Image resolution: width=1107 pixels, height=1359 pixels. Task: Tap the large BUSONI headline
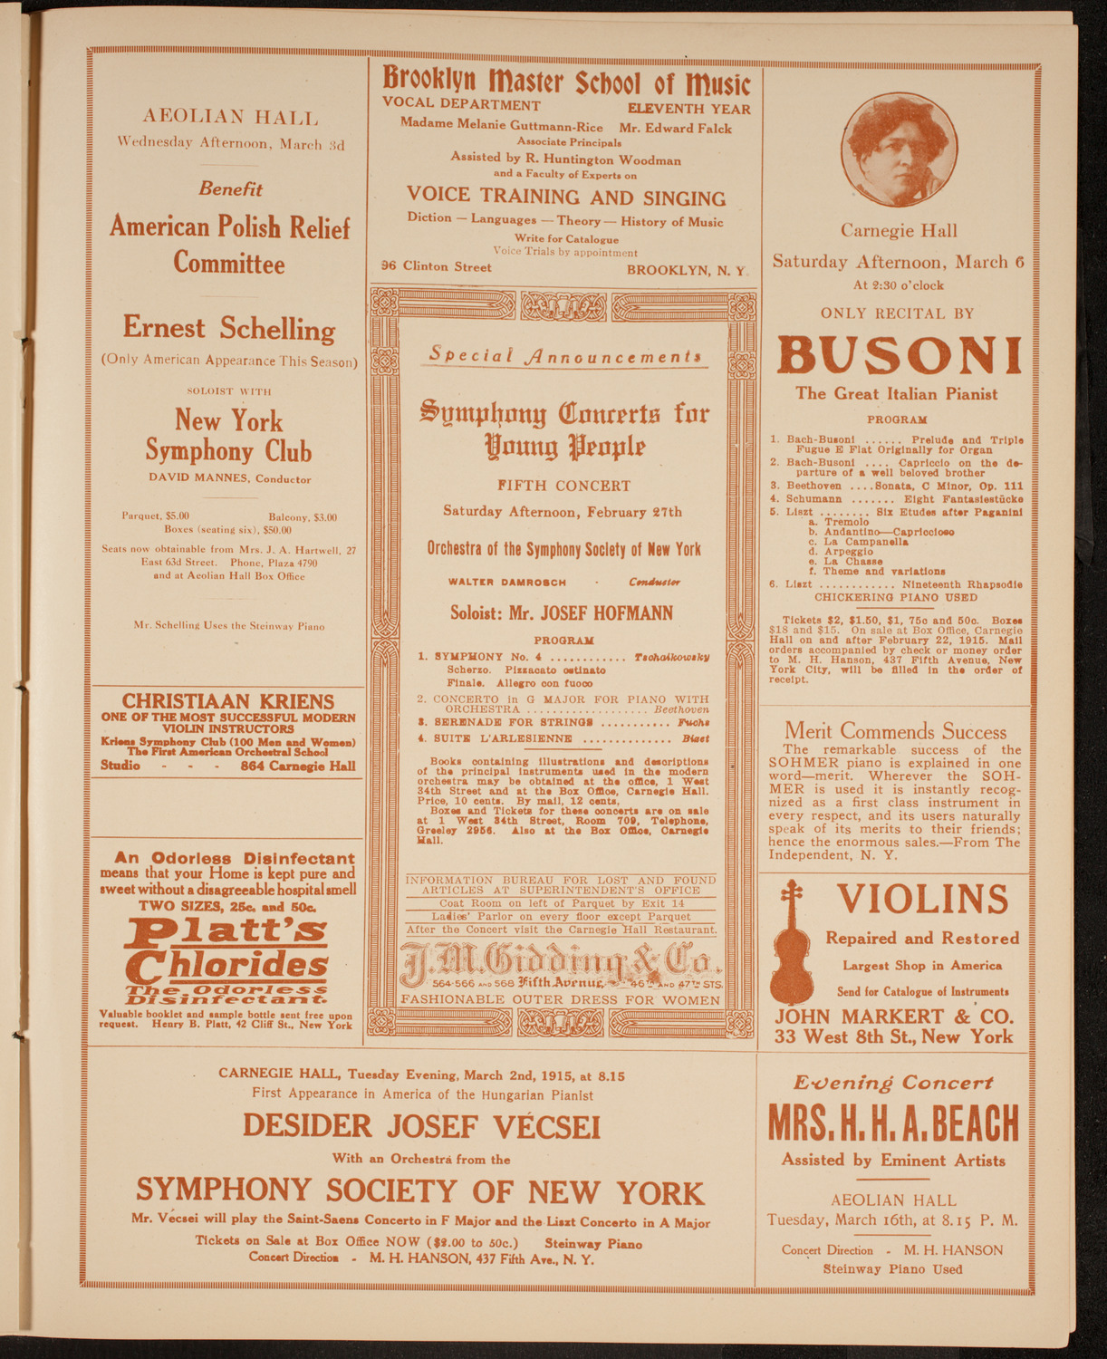click(899, 356)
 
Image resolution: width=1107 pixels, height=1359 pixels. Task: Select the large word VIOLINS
click(923, 900)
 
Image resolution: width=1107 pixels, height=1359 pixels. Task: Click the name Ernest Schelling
click(228, 329)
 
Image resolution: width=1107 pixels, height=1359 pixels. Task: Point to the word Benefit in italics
click(230, 189)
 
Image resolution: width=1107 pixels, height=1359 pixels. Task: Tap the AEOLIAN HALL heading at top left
click(229, 117)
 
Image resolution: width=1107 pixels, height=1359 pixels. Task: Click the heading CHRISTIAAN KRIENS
click(227, 701)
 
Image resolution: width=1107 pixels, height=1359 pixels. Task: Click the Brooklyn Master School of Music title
click(566, 83)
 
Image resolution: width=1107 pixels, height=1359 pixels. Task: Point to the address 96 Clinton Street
click(437, 267)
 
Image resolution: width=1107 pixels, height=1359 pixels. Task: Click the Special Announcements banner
click(564, 356)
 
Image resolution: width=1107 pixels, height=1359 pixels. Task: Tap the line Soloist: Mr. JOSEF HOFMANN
click(562, 613)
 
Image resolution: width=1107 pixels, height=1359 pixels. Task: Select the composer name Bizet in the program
click(696, 738)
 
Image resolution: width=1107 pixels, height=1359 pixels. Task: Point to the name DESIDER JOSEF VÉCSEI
click(421, 1126)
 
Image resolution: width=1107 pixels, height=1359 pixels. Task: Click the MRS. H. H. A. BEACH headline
click(893, 1123)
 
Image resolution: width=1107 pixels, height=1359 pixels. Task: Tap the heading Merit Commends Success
click(895, 731)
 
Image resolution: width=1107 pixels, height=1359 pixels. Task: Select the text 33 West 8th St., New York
click(893, 1036)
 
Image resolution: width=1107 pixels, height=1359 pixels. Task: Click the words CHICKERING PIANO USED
click(895, 598)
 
